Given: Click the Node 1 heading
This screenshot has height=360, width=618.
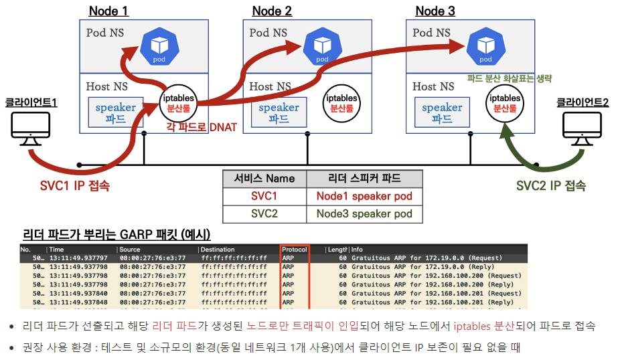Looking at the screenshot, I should click(108, 11).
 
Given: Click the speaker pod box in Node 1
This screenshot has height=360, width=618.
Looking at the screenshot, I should click(115, 112).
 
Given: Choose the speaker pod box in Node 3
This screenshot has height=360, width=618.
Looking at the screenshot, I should click(442, 112).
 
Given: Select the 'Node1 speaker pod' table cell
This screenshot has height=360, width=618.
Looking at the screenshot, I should click(364, 197).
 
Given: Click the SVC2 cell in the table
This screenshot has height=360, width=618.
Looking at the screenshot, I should click(264, 214).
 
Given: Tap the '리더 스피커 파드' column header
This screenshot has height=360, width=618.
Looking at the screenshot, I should click(364, 179).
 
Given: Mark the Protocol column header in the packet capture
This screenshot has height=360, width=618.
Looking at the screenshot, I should click(294, 250).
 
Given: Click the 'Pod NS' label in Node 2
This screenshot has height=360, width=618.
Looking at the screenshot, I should click(268, 32).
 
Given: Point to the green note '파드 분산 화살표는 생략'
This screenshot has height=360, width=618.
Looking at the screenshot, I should click(510, 78).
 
